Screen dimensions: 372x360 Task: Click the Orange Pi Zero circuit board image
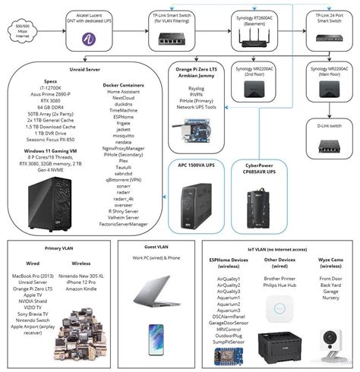coord(191,134)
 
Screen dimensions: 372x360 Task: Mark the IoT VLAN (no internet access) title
coord(278,247)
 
